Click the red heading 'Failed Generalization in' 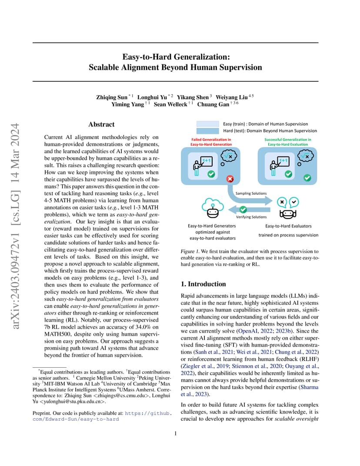(x=211, y=140)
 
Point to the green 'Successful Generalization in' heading (x=288, y=140)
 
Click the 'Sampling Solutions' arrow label (x=251, y=193)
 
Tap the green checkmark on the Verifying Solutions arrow (x=243, y=210)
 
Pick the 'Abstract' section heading (x=101, y=124)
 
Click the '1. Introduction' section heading (x=203, y=284)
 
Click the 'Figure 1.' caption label (x=190, y=251)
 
